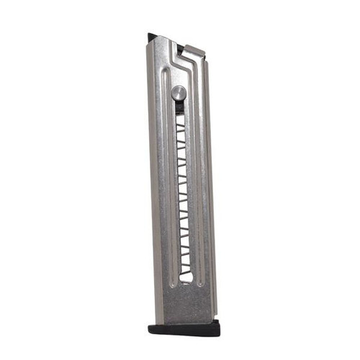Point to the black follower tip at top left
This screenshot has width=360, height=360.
[153, 36]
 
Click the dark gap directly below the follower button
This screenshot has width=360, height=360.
[179, 107]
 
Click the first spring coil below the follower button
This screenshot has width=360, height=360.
[180, 118]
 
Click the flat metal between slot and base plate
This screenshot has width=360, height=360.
[185, 302]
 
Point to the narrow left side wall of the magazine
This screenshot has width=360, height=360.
[154, 180]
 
